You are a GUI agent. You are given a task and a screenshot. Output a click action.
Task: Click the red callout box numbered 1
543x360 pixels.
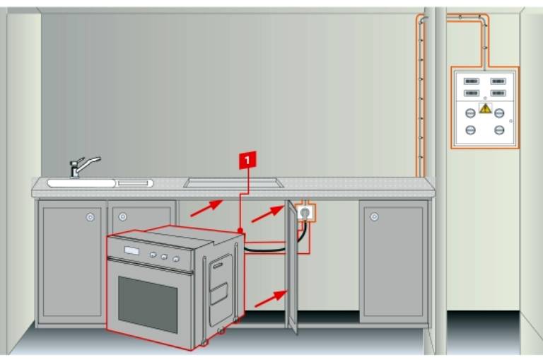pyautogui.click(x=247, y=160)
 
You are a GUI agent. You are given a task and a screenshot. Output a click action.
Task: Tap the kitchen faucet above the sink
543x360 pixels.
pyautogui.click(x=83, y=167)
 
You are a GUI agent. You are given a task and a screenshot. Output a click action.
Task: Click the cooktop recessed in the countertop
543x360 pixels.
pyautogui.click(x=233, y=182)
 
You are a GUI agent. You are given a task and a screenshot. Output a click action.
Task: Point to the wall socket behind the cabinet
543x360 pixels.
pyautogui.click(x=305, y=212)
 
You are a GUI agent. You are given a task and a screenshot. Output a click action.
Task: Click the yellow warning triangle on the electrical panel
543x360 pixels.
pyautogui.click(x=485, y=108)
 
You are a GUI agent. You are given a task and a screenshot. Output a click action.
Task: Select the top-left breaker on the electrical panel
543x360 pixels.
pyautogui.click(x=472, y=81)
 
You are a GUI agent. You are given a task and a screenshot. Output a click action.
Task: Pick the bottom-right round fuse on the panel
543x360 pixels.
pyautogui.click(x=499, y=130)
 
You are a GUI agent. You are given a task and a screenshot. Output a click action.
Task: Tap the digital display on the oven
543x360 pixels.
pyautogui.click(x=132, y=250)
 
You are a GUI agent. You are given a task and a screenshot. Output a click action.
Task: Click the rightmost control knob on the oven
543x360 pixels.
pyautogui.click(x=176, y=258)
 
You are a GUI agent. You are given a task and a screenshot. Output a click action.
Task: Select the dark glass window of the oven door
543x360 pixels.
pyautogui.click(x=148, y=304)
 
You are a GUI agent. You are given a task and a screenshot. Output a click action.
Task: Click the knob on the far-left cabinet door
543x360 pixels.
pyautogui.click(x=90, y=217)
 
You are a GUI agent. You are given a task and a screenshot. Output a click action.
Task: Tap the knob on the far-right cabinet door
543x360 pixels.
pyautogui.click(x=374, y=217)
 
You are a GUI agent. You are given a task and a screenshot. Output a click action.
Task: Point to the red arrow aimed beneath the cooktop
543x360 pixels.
pyautogui.click(x=206, y=208)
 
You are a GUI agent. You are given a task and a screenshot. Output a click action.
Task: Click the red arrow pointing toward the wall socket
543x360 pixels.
pyautogui.click(x=268, y=214)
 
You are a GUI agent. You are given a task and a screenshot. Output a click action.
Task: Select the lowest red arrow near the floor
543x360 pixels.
pyautogui.click(x=271, y=298)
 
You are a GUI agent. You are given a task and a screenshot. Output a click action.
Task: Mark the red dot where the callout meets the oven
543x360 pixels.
pyautogui.click(x=240, y=231)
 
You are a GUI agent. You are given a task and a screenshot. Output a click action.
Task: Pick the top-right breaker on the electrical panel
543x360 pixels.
pyautogui.click(x=498, y=81)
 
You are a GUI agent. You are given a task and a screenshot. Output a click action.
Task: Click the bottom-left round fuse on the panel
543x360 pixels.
pyautogui.click(x=470, y=130)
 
